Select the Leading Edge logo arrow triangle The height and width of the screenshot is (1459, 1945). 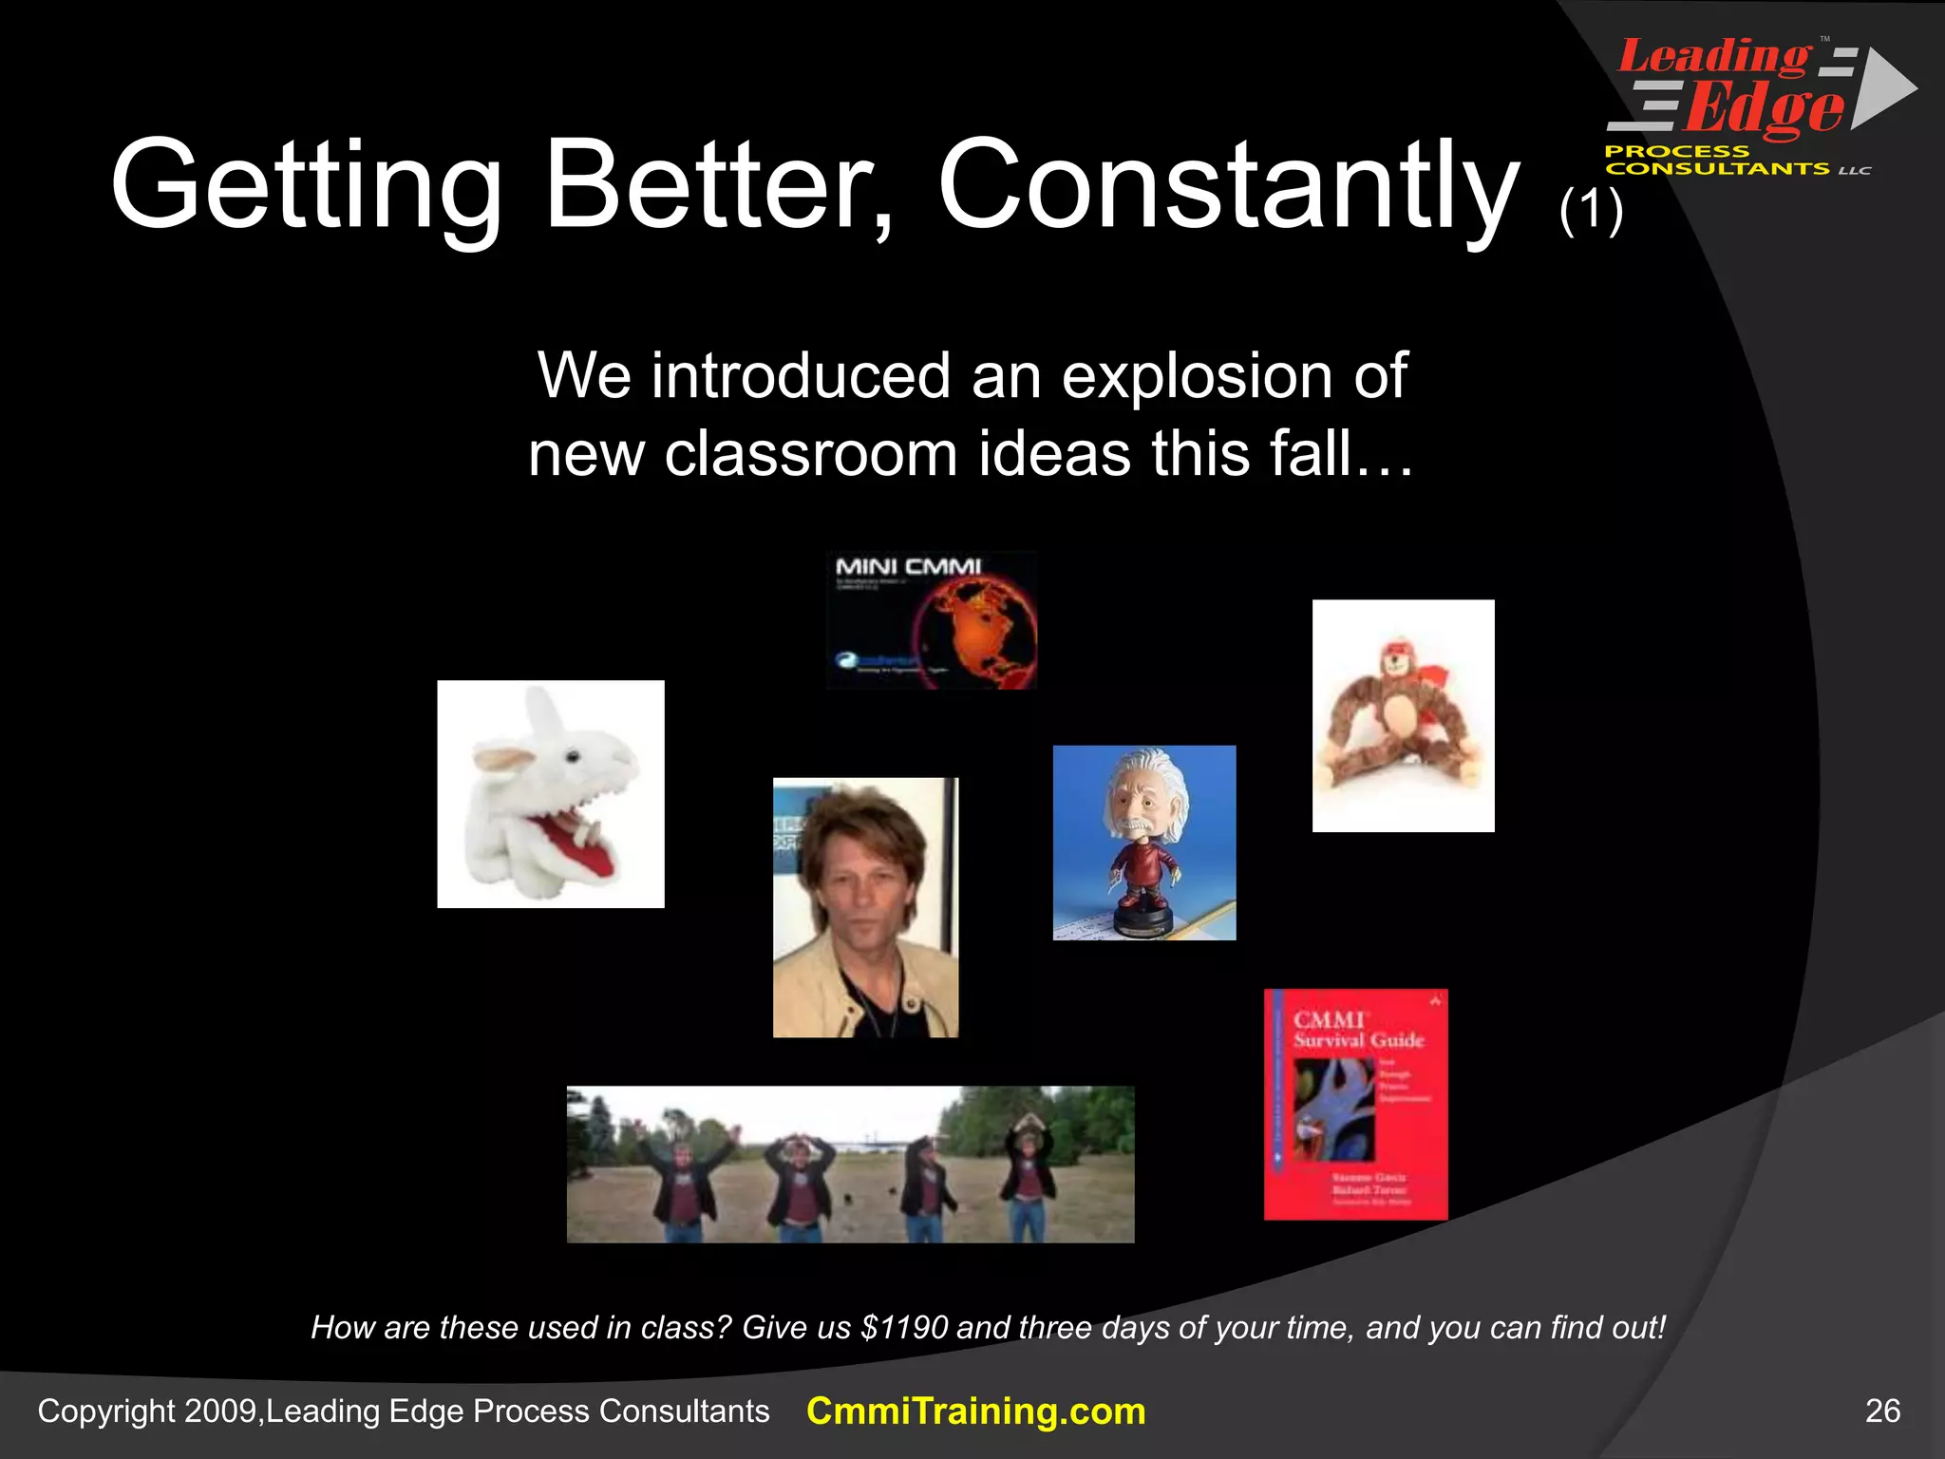pos(1884,87)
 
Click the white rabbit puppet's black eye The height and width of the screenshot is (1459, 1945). pos(573,756)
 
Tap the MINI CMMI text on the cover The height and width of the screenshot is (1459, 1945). pos(908,567)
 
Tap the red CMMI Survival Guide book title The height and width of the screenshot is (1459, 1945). pos(1358,1031)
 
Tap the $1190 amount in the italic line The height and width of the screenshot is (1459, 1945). pos(903,1327)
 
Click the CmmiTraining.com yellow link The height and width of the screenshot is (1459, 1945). pos(975,1412)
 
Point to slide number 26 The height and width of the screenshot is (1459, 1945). pos(1882,1412)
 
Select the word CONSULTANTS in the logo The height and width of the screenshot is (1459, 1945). pos(1717,169)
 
